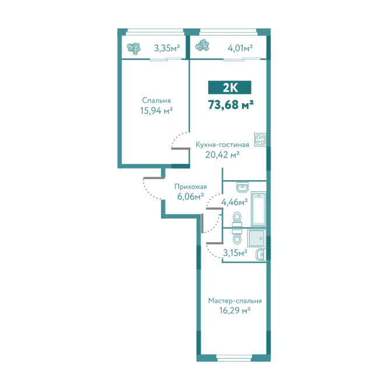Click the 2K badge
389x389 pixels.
click(229, 87)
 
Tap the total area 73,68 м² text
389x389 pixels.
click(231, 105)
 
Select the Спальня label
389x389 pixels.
click(156, 100)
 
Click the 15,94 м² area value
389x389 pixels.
click(156, 110)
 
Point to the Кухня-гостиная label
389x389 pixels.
click(223, 145)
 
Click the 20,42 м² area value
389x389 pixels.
click(222, 155)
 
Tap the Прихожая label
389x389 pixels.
click(191, 187)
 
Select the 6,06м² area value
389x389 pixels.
click(191, 197)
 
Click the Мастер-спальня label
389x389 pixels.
click(234, 301)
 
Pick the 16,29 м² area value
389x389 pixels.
click(234, 310)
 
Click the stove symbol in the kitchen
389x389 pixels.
click(260, 139)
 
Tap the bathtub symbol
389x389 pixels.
click(258, 209)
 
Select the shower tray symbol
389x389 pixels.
click(257, 238)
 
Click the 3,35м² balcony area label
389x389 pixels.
click(167, 48)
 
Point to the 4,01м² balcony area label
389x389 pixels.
click(240, 48)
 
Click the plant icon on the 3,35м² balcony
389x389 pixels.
click(134, 48)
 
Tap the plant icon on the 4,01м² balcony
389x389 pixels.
click(202, 45)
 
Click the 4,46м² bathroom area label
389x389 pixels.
click(234, 202)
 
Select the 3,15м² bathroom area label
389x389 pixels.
click(235, 253)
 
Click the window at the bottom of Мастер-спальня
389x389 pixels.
click(234, 358)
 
